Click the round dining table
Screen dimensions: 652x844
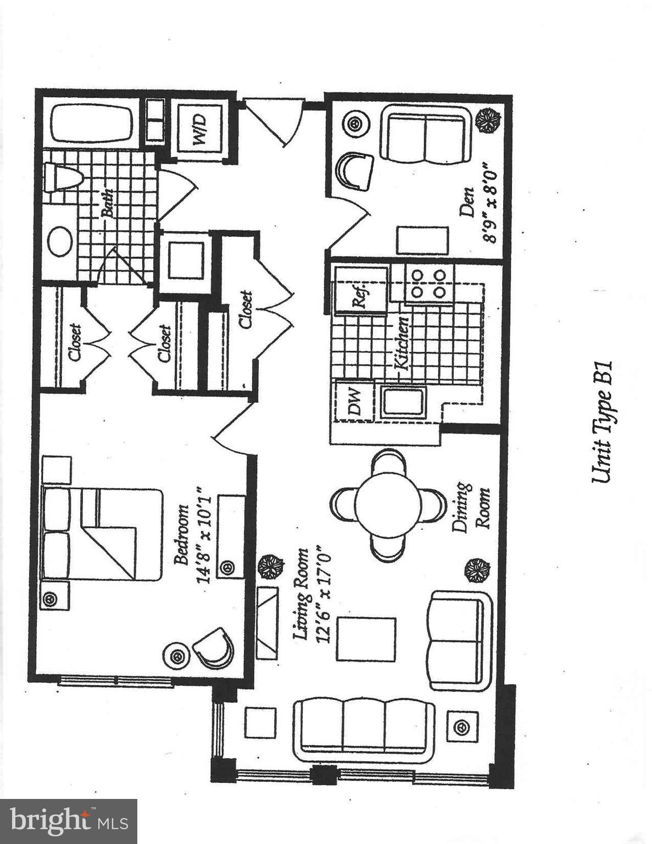tap(388, 506)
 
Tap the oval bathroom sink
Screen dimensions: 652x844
tap(60, 241)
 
